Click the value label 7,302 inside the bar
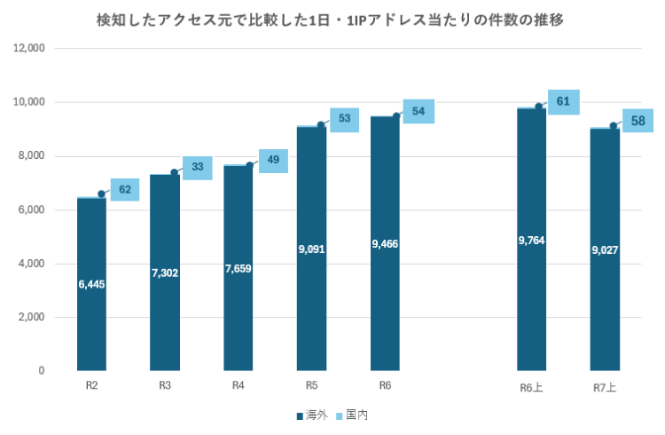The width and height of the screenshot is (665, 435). click(165, 273)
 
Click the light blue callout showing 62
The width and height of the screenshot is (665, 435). click(124, 189)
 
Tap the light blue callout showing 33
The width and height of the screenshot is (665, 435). click(197, 167)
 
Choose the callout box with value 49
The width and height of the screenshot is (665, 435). click(273, 160)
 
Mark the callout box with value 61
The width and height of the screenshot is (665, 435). click(563, 102)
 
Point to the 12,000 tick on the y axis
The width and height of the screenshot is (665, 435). click(29, 49)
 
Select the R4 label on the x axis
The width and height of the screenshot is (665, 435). click(238, 385)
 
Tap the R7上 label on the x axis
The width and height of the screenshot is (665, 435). click(605, 387)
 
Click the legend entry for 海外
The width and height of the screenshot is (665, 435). click(310, 415)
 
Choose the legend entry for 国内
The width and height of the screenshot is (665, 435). click(352, 415)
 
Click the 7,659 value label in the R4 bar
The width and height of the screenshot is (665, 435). click(238, 268)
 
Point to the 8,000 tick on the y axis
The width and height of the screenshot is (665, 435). click(32, 156)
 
